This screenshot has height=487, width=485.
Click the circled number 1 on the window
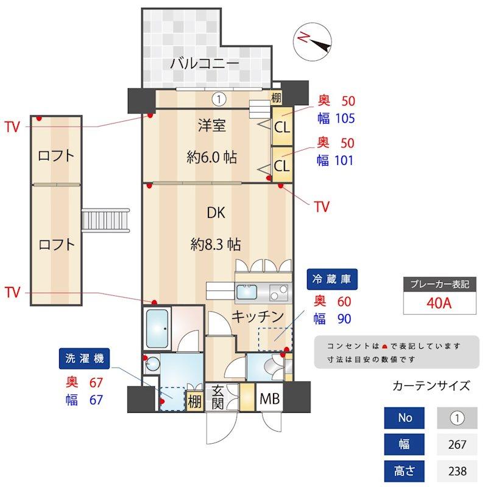[x=219, y=97]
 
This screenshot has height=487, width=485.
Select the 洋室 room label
[x=212, y=126]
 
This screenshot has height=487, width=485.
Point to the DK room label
[x=216, y=213]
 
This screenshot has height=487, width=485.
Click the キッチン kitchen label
[x=258, y=317]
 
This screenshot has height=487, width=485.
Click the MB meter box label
[x=269, y=400]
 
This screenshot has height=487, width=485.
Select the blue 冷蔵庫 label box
[x=333, y=279]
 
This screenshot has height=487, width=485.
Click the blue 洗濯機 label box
[x=85, y=359]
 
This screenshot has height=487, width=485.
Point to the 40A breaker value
[x=439, y=303]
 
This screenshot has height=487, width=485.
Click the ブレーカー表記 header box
[x=439, y=284]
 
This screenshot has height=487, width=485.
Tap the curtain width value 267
[x=457, y=445]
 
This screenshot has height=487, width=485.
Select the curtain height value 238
[x=457, y=471]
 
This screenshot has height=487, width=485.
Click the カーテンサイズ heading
[x=431, y=386]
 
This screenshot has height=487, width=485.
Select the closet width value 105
[x=342, y=118]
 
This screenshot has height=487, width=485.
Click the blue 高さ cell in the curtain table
[x=405, y=471]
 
